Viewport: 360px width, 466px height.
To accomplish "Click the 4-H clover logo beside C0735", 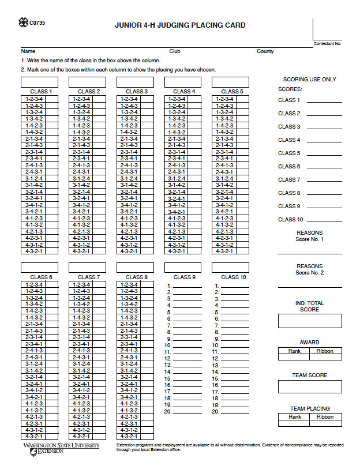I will tap(22, 23).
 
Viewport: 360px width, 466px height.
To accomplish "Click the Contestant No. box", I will tap(327, 29).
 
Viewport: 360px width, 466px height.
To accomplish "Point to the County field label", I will tap(265, 51).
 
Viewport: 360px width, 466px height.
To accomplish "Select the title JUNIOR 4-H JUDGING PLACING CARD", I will tap(180, 25).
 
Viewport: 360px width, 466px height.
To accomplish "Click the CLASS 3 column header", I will tap(136, 91).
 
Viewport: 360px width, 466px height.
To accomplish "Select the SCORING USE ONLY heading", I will tap(309, 80).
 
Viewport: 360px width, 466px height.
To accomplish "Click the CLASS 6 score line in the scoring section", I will tap(324, 167).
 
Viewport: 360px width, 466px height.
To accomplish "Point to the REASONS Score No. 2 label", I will tap(309, 269).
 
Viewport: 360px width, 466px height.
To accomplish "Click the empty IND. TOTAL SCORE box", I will tap(310, 321).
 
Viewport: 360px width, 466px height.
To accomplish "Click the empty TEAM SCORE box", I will tap(310, 386).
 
